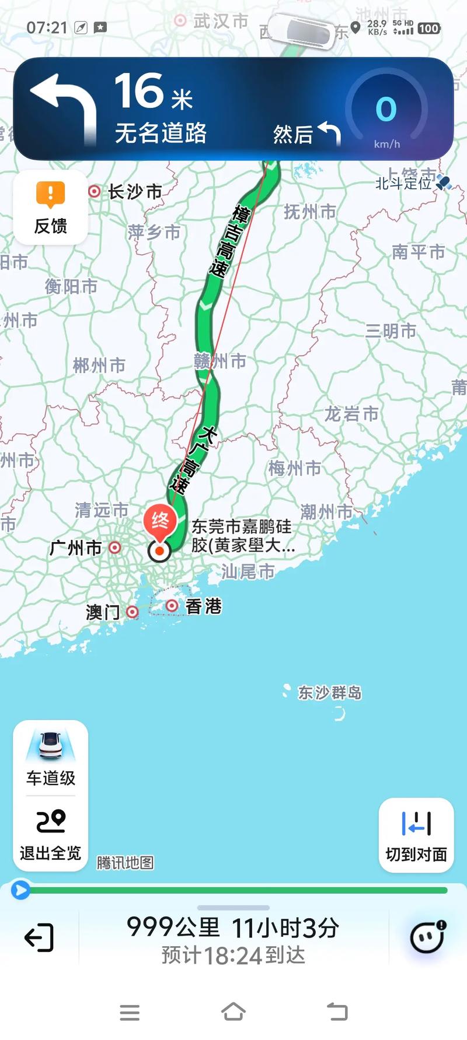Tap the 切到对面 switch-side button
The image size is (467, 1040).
pos(416,834)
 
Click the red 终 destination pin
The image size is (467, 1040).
pos(160,521)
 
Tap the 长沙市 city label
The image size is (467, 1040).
pos(134,191)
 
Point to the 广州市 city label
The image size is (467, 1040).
pos(76,548)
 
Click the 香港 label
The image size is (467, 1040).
pos(203,606)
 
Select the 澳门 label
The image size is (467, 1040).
pos(103,612)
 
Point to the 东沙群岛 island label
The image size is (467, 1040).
pos(329,693)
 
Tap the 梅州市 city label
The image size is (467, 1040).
pos(295,468)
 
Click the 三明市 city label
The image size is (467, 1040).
pos(391,331)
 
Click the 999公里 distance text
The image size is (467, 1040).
pos(173,927)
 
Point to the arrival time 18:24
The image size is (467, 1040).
pos(233,955)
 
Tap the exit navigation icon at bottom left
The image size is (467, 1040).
pos(39,938)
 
